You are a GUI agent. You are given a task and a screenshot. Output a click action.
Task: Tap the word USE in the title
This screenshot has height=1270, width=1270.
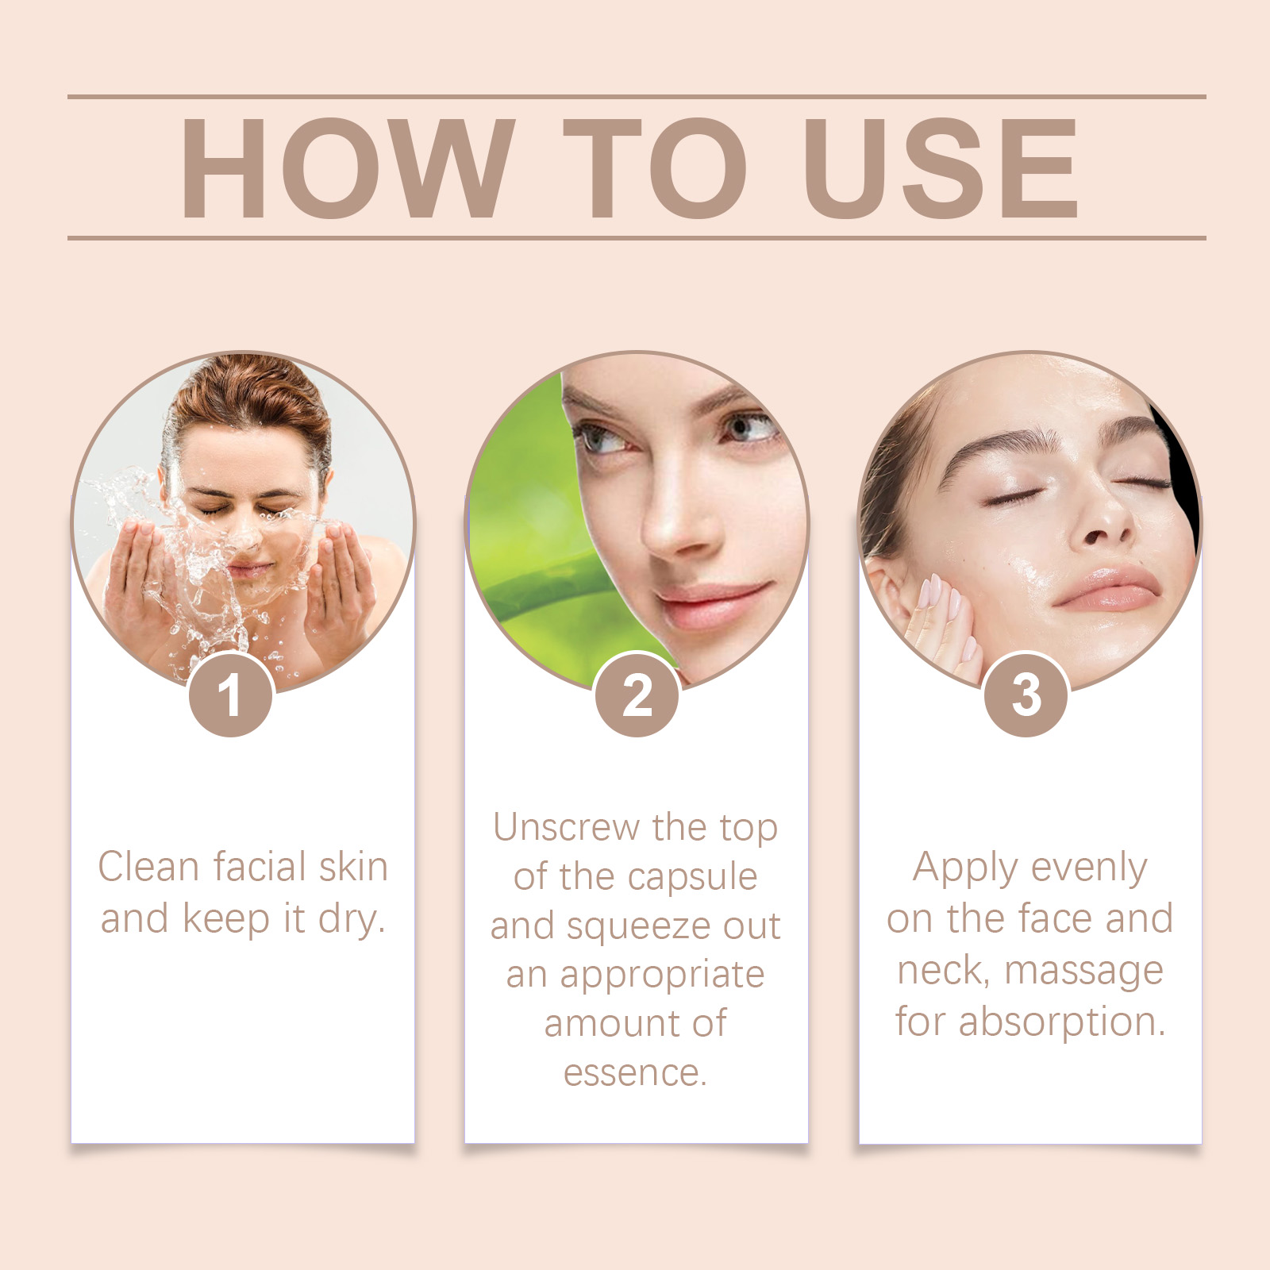click(941, 167)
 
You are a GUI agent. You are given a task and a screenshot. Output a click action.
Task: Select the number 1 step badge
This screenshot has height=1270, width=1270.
click(231, 695)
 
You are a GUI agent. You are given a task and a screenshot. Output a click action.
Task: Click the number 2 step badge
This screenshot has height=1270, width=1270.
click(637, 695)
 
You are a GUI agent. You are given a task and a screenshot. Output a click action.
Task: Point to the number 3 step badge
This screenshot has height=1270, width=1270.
click(1026, 695)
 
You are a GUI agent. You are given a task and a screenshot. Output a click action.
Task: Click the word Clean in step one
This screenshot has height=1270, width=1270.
click(148, 866)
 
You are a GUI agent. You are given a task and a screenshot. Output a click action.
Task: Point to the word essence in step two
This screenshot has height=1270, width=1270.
click(634, 1073)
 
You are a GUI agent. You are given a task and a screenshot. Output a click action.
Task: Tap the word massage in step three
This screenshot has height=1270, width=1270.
click(1083, 972)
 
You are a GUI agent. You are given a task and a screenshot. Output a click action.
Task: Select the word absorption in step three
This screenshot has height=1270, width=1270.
click(1062, 1022)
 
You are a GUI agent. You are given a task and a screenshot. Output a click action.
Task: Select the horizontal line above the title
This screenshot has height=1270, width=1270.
click(637, 97)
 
